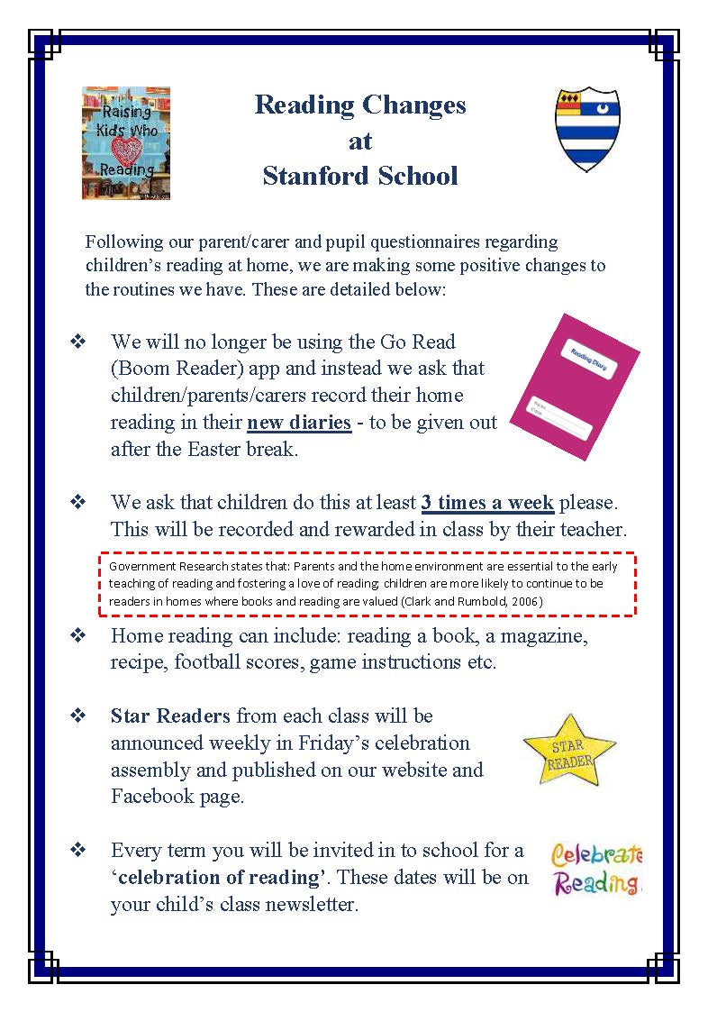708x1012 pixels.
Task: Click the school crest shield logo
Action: tap(586, 129)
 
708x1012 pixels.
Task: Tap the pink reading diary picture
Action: tap(575, 387)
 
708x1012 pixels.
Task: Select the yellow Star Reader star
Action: tap(569, 748)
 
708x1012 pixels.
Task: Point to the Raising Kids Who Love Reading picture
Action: tap(126, 143)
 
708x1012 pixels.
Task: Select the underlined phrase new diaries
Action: tap(299, 423)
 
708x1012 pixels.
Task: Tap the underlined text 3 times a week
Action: tap(487, 502)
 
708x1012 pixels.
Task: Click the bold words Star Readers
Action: tap(171, 716)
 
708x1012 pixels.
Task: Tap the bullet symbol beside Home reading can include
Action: tap(77, 635)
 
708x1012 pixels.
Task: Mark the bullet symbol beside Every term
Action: tap(77, 850)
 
